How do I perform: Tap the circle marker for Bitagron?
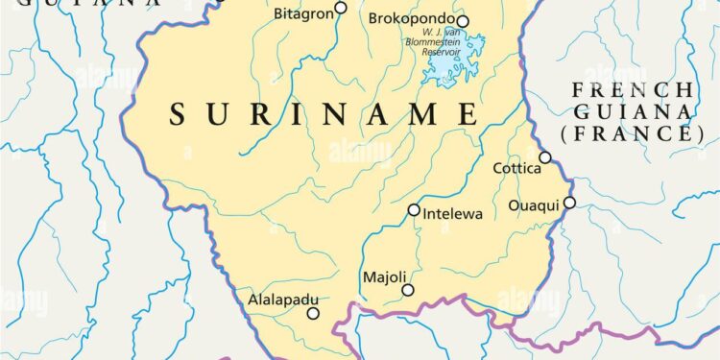click(341, 10)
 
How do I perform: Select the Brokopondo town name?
click(411, 19)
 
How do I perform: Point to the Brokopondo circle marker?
click(463, 21)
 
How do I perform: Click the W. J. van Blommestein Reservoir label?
click(450, 48)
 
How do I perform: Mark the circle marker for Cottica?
click(545, 157)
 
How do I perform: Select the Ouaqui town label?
click(533, 204)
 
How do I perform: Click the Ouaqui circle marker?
click(569, 203)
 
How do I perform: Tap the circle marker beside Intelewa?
click(414, 210)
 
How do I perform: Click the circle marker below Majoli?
click(408, 290)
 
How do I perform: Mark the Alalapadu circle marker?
click(312, 313)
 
